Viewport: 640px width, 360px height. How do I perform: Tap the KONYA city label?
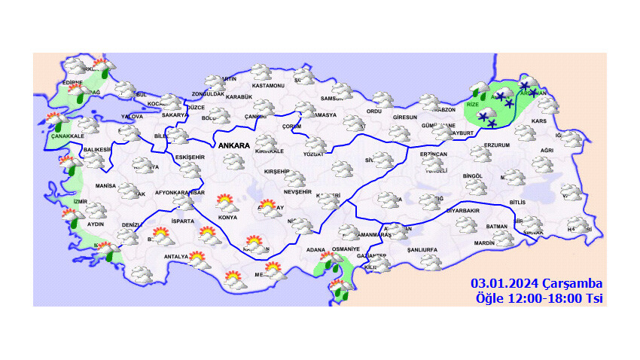pyautogui.click(x=227, y=218)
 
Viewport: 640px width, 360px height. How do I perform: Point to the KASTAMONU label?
pyautogui.click(x=268, y=86)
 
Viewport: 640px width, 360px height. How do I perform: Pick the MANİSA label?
pyautogui.click(x=105, y=185)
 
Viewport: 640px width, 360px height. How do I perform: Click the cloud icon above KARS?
pyautogui.click(x=548, y=105)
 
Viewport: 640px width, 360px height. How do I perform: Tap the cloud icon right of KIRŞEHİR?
pyautogui.click(x=295, y=179)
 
